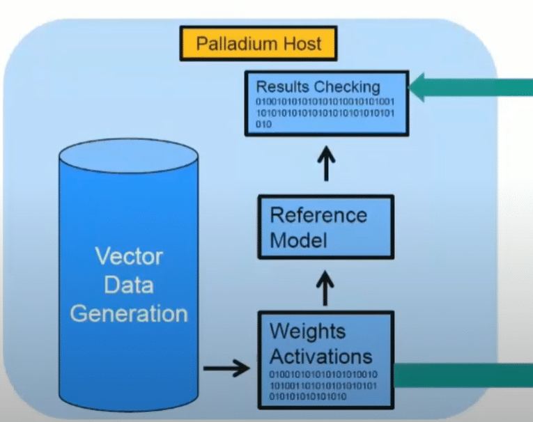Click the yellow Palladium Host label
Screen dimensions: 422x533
tap(258, 44)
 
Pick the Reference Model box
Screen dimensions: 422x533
tap(325, 227)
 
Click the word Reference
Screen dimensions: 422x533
tap(318, 214)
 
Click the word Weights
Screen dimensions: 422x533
tap(308, 330)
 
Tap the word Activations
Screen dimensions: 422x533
tap(321, 356)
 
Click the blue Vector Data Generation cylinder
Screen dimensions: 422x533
tap(129, 279)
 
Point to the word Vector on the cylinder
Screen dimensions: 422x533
tap(129, 257)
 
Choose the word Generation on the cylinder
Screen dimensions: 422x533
tap(129, 313)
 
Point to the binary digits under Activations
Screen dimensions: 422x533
tap(323, 386)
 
